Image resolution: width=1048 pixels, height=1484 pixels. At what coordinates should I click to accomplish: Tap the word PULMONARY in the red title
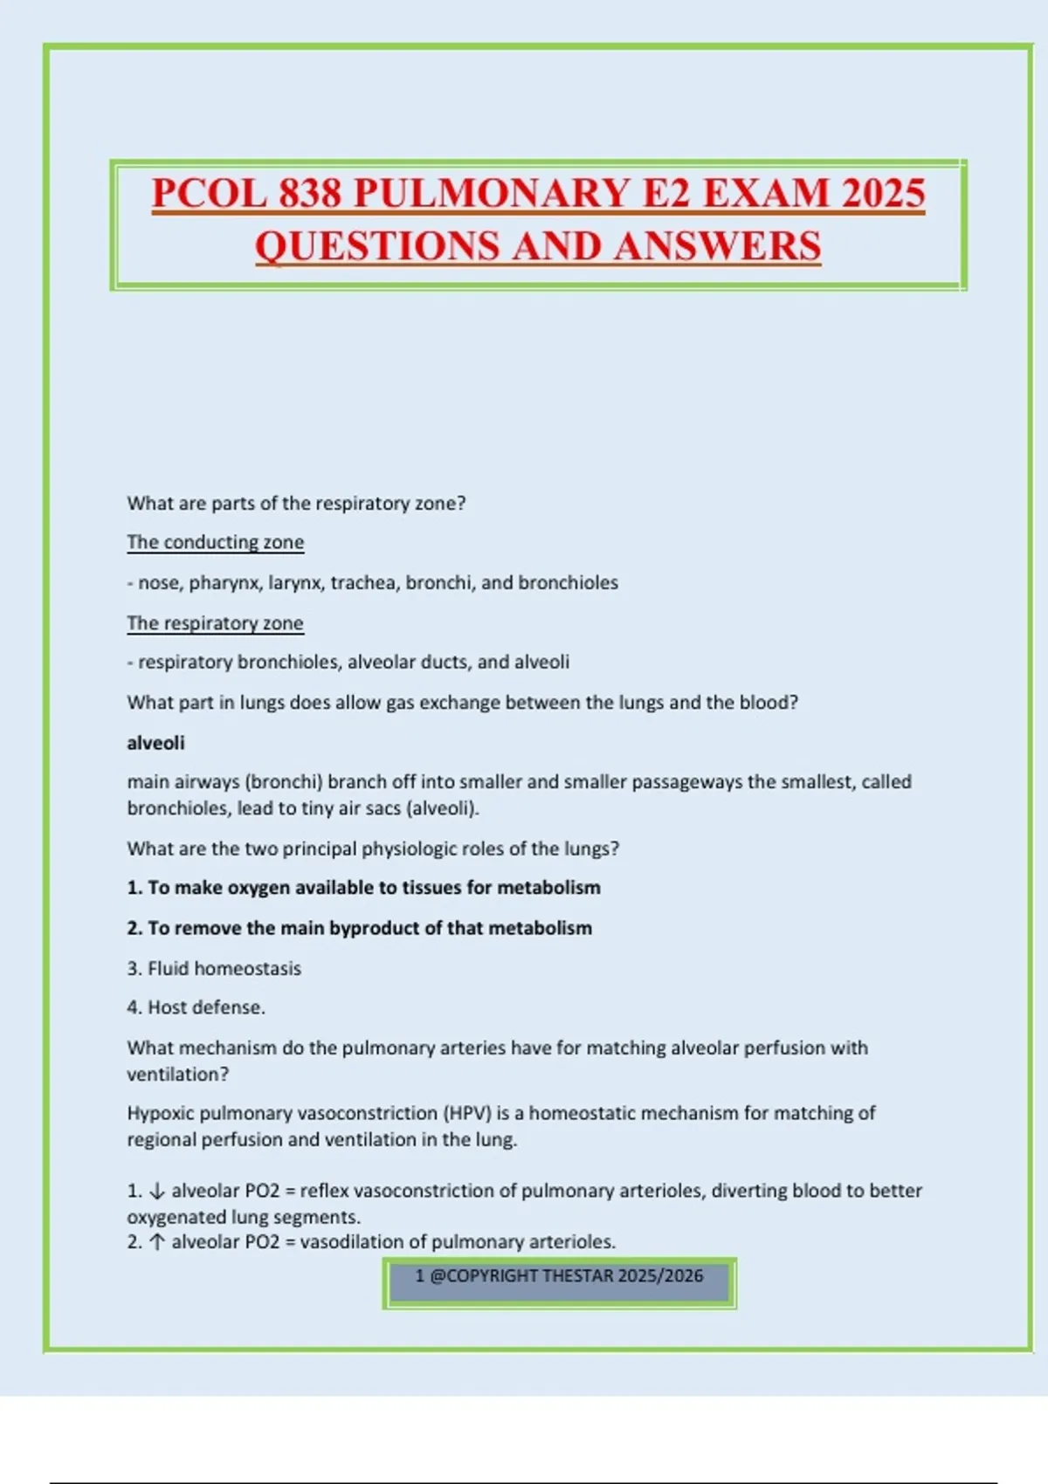coord(492,193)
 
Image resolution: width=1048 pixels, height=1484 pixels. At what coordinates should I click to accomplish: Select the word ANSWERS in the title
coord(717,245)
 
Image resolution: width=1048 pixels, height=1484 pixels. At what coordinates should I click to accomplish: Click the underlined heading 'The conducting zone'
coord(215,542)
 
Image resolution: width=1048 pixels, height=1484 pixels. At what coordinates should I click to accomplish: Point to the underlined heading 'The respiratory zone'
coord(215,623)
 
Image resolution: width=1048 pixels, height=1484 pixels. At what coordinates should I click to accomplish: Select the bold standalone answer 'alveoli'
coord(155,743)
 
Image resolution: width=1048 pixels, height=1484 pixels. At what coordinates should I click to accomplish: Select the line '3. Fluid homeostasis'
coord(214,968)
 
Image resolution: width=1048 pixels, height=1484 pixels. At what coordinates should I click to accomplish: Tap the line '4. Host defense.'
coord(196,1007)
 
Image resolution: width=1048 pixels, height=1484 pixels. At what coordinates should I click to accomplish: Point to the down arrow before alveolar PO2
coord(157,1191)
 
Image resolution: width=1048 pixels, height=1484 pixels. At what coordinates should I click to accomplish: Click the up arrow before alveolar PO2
coord(157,1242)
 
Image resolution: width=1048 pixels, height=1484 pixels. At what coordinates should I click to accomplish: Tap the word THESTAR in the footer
coord(577,1276)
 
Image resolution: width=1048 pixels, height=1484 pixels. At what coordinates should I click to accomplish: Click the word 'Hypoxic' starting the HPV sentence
coord(160,1113)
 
